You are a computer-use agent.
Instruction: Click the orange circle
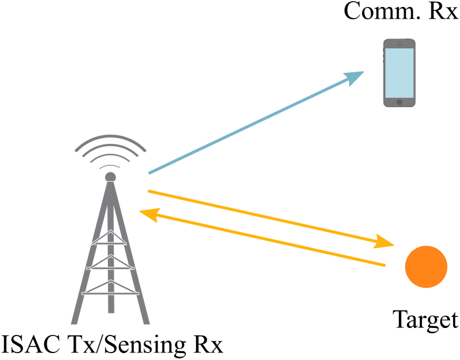click(x=426, y=267)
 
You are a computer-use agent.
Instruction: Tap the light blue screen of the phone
click(x=399, y=73)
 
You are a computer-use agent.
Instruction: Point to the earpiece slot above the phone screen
click(x=399, y=43)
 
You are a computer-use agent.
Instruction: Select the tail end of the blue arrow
click(x=150, y=173)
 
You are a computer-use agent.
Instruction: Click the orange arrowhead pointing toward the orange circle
click(x=384, y=242)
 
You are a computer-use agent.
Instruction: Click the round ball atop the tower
click(x=110, y=177)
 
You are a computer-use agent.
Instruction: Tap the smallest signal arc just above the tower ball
click(x=110, y=166)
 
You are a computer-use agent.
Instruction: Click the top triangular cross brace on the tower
click(x=110, y=238)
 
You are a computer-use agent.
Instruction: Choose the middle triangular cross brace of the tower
click(x=110, y=263)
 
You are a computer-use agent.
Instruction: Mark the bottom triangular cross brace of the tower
click(x=110, y=288)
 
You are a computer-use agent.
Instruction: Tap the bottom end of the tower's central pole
click(x=111, y=311)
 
